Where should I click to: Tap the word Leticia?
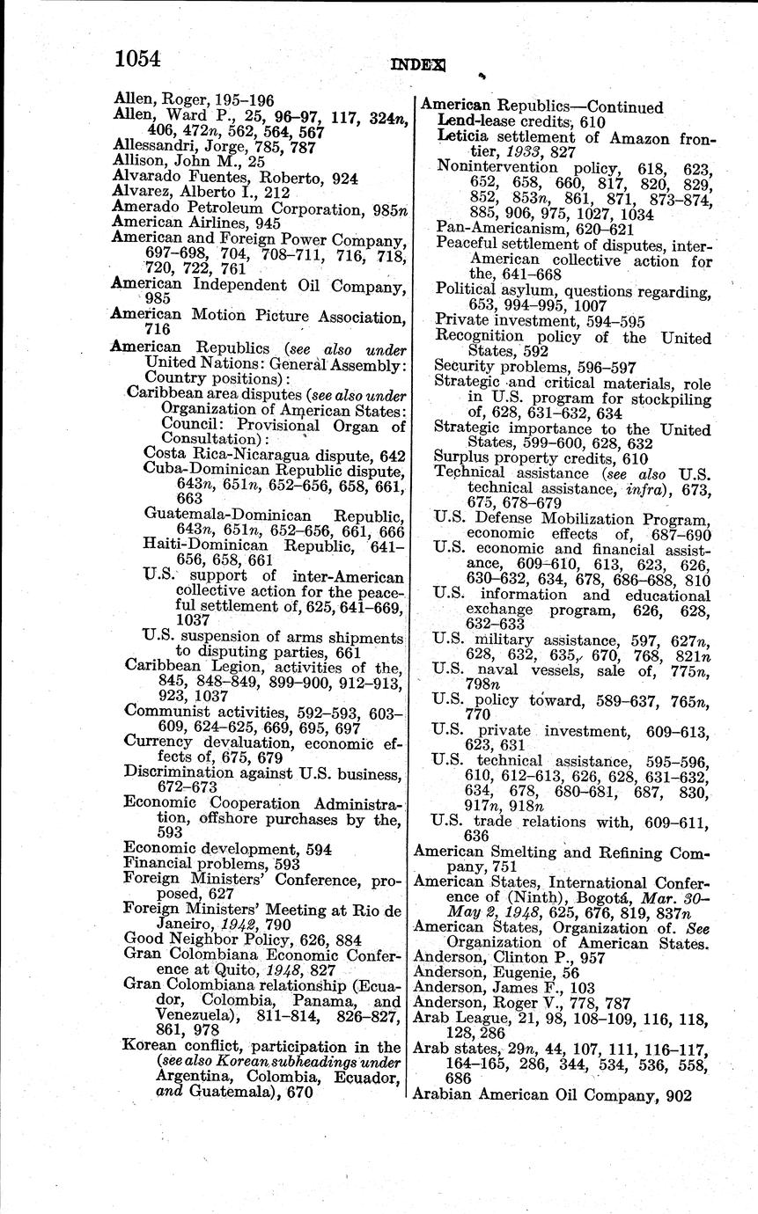[x=464, y=138]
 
